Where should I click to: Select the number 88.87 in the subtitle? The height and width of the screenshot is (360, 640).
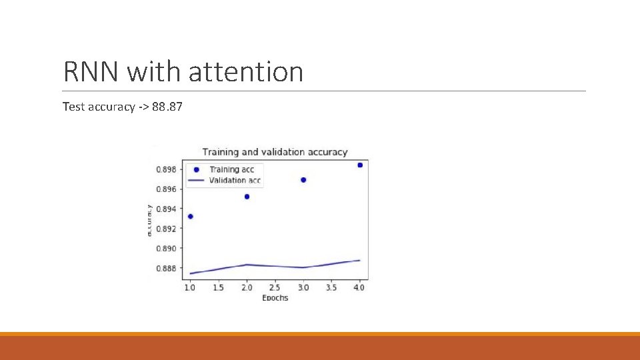167,107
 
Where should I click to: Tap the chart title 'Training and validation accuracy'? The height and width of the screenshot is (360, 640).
275,152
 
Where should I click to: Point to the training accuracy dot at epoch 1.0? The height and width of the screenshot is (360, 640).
191,216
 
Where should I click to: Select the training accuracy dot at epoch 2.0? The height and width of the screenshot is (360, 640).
247,197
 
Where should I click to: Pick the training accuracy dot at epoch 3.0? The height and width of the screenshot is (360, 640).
303,180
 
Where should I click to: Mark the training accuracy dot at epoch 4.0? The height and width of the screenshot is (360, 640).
360,165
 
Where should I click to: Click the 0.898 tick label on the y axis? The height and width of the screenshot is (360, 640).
166,169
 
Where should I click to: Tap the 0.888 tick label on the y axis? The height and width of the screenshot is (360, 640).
166,268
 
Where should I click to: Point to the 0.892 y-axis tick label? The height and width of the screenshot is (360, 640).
166,229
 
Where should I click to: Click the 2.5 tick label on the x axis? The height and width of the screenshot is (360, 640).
275,287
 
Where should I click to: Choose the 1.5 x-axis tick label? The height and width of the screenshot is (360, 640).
218,287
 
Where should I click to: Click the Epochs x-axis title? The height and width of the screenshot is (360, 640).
275,297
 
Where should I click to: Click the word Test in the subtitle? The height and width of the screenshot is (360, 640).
73,107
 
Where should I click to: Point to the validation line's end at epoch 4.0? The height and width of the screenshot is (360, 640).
360,261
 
